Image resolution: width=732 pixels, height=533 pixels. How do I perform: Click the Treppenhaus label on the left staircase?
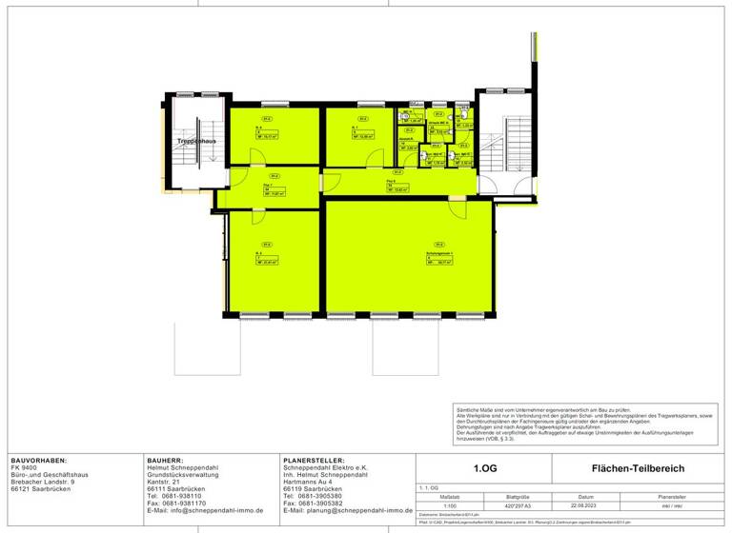pyautogui.click(x=196, y=141)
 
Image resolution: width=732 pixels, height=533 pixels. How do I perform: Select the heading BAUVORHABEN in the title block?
pyautogui.click(x=38, y=460)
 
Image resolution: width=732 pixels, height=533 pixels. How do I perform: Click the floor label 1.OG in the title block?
pyautogui.click(x=484, y=468)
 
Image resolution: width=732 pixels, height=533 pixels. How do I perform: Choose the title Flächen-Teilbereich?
pyautogui.click(x=638, y=468)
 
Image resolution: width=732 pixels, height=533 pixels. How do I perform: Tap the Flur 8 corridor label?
pyautogui.click(x=391, y=181)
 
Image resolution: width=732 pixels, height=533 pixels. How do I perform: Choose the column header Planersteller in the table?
pyautogui.click(x=657, y=496)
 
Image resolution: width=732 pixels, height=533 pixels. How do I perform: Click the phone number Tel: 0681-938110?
pyautogui.click(x=174, y=496)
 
